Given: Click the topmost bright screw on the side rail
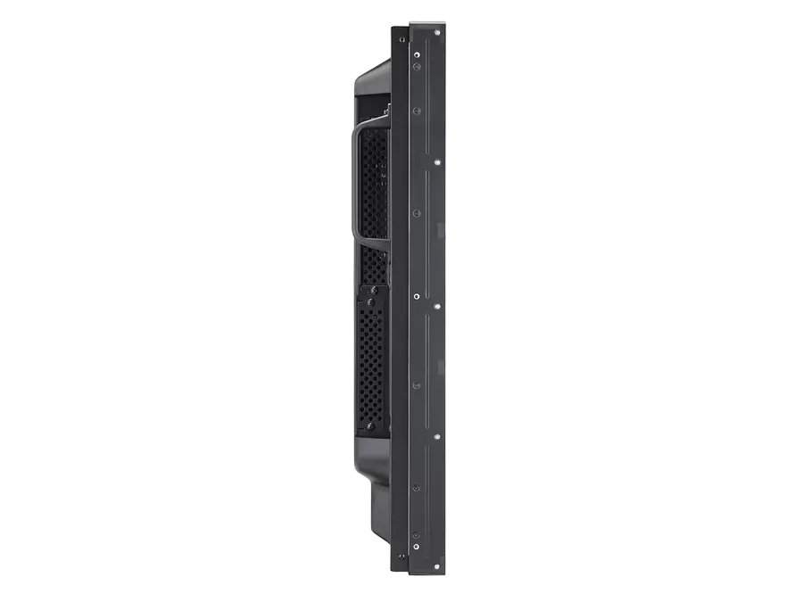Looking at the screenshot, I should [436, 33].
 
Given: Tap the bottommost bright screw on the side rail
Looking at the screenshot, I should [436, 567].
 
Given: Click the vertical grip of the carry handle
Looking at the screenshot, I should [355, 184].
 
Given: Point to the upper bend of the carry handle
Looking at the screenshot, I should [366, 125].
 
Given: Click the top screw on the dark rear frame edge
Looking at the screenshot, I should [416, 51].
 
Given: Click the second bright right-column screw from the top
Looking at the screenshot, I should [436, 163].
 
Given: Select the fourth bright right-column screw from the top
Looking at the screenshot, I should [436, 436].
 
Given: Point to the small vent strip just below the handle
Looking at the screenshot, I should [375, 263].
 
